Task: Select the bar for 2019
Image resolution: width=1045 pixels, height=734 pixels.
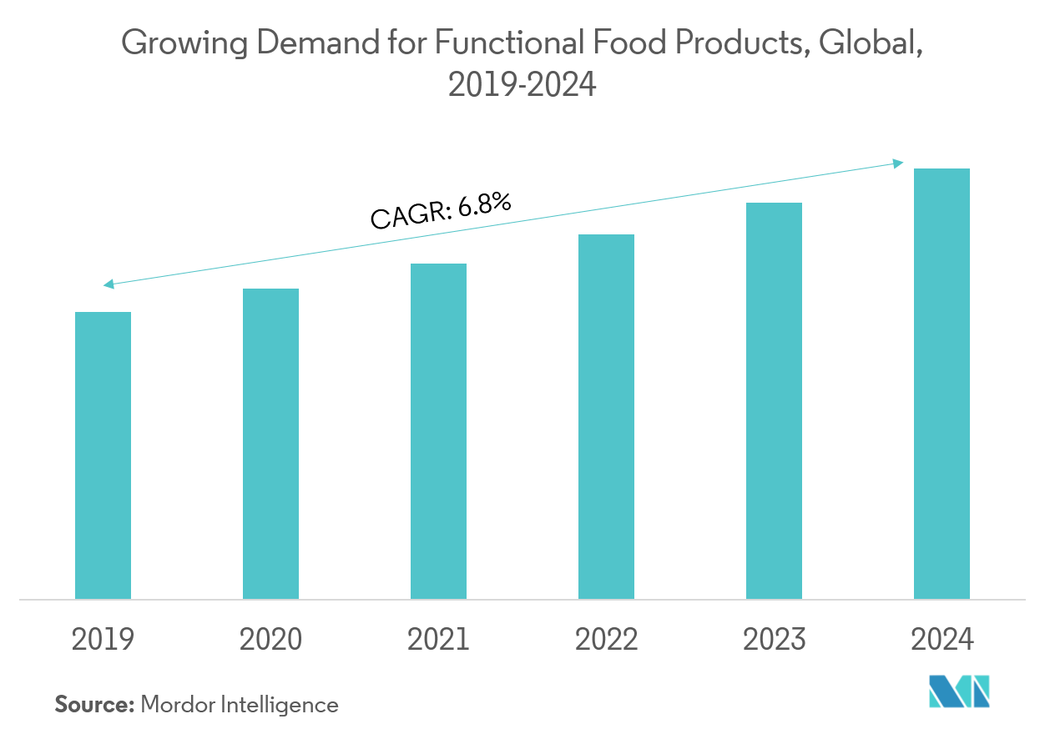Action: (103, 455)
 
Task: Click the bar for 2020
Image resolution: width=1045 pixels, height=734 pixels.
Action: (270, 444)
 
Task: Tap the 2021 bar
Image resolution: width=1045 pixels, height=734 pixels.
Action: (438, 431)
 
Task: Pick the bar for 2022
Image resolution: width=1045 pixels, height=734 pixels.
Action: (606, 416)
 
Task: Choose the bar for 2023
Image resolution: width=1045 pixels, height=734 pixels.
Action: (774, 400)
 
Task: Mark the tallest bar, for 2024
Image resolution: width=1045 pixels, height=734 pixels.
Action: (942, 384)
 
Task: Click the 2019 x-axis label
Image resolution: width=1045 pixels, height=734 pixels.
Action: (103, 640)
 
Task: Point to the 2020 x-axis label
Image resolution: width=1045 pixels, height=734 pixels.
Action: (270, 640)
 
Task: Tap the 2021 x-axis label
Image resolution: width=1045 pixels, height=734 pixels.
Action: (438, 640)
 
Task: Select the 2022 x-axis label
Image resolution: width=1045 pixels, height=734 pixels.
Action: (606, 640)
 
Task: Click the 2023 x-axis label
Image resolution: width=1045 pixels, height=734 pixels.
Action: (774, 640)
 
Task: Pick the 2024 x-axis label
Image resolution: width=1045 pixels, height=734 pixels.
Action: (942, 640)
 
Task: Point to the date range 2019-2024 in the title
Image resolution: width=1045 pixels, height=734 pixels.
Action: (522, 85)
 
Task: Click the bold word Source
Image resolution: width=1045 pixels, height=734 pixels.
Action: (94, 705)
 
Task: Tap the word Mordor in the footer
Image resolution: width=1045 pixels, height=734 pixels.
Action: (177, 705)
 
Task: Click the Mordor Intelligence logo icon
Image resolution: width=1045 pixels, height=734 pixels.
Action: (959, 691)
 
